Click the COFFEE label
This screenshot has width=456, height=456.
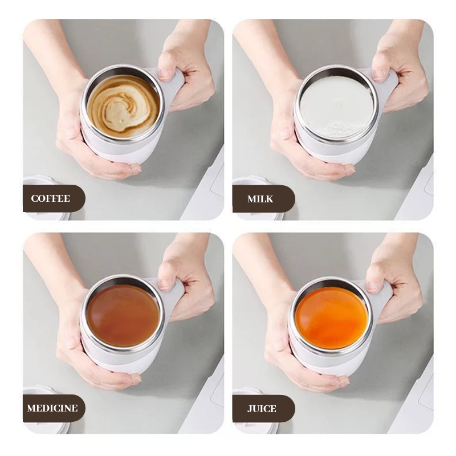point(50,198)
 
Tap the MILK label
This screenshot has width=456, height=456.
point(260,199)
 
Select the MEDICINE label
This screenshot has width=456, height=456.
point(52,408)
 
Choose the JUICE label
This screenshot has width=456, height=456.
point(262,409)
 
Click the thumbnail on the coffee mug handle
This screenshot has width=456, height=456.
point(165,74)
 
